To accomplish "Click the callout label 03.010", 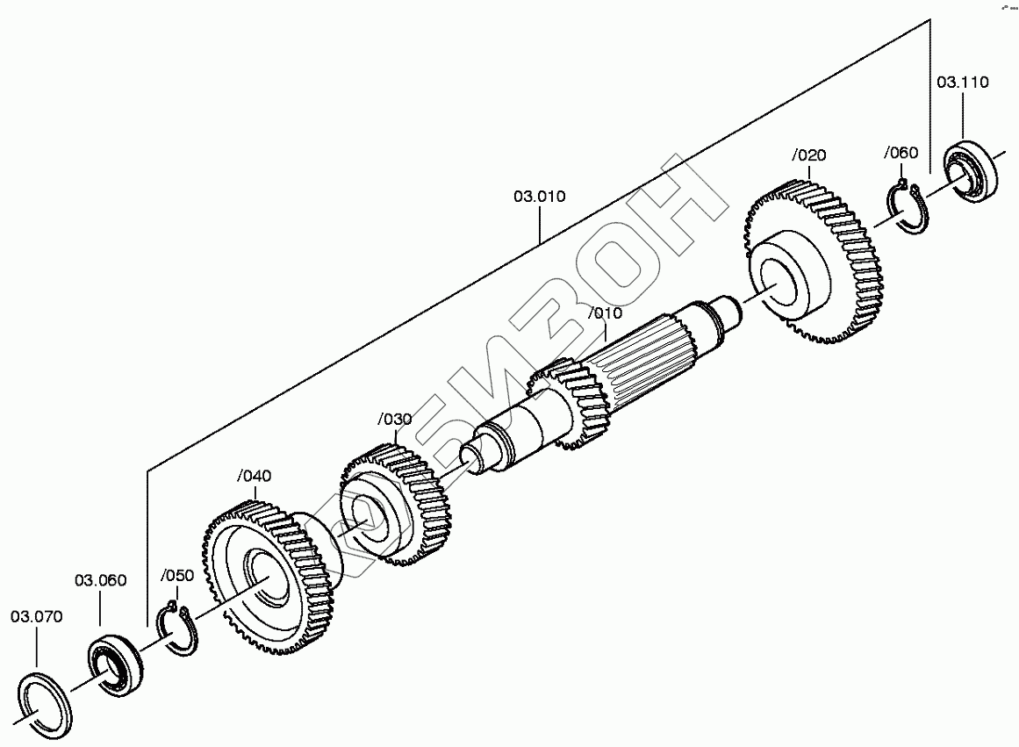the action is click(540, 197).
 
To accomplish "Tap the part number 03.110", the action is click(963, 82).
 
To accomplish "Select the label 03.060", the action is click(100, 580).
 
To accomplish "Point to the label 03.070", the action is click(36, 616).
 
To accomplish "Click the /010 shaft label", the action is click(605, 313).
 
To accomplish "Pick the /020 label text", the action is click(809, 155).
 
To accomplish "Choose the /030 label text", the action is click(395, 420).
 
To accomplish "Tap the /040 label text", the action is click(255, 476).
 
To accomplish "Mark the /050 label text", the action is click(176, 575).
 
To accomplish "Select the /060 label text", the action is click(901, 153).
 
